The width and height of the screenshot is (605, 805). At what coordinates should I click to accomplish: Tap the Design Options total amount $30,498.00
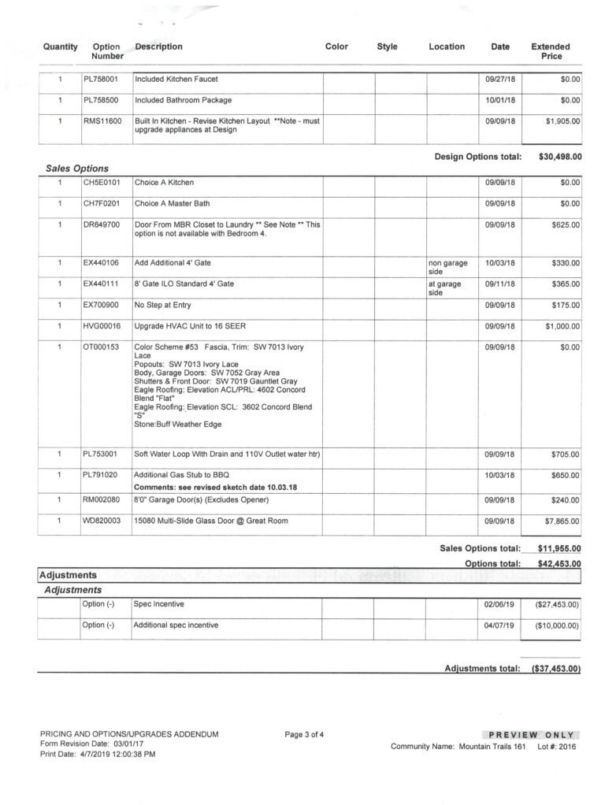tap(560, 157)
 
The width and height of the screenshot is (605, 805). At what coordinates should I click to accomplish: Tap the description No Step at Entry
tap(162, 304)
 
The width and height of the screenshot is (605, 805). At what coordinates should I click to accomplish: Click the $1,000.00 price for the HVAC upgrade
tap(560, 325)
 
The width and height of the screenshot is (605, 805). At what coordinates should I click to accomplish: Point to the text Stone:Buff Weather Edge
tap(177, 425)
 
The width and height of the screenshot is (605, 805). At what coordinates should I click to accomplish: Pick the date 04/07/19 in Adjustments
tap(498, 625)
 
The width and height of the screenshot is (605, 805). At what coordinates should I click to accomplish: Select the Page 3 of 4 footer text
tap(304, 735)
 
